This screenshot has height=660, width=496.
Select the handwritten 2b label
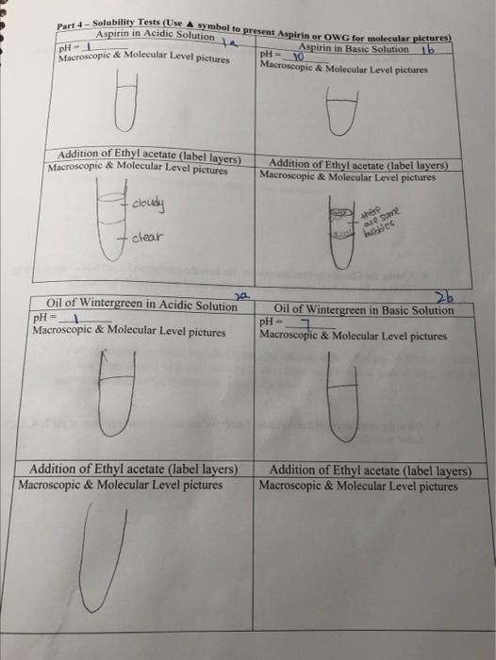pyautogui.click(x=442, y=296)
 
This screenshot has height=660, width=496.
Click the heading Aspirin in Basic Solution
pyautogui.click(x=354, y=48)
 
